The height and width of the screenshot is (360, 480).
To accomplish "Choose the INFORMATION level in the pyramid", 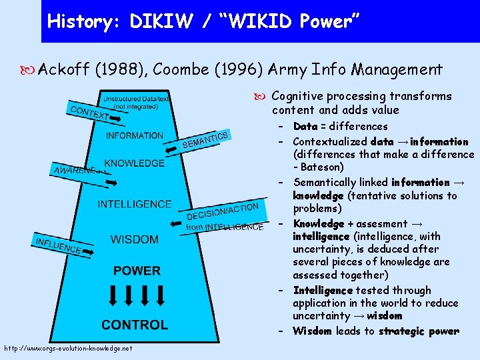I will pyautogui.click(x=134, y=136).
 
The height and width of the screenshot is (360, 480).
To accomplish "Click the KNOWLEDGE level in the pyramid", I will pyautogui.click(x=134, y=163).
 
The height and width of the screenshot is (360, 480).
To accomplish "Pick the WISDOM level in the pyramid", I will pyautogui.click(x=135, y=239).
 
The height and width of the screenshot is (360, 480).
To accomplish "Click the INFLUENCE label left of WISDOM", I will pyautogui.click(x=58, y=245).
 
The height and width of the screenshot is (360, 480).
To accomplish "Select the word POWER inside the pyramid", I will pyautogui.click(x=137, y=271).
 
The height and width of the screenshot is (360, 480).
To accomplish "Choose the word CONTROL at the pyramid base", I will pyautogui.click(x=135, y=325).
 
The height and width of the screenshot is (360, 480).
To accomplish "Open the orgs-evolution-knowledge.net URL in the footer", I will pyautogui.click(x=67, y=348).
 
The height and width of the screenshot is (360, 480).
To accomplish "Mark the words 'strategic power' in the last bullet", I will pyautogui.click(x=419, y=331).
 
